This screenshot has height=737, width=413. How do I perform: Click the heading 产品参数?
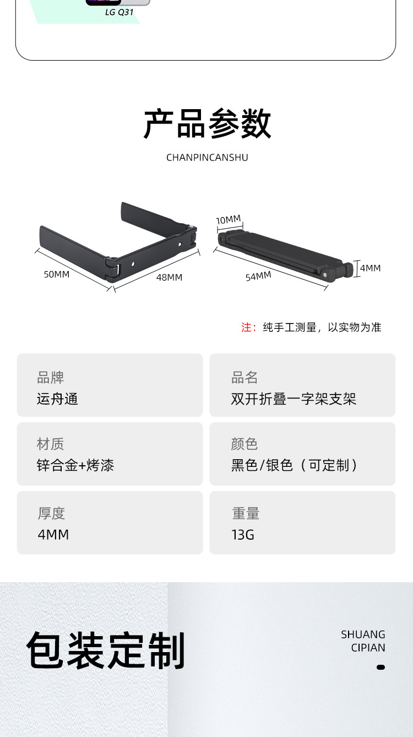tap(207, 124)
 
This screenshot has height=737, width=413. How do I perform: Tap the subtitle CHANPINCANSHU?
tap(207, 158)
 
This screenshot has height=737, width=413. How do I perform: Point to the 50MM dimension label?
tap(57, 274)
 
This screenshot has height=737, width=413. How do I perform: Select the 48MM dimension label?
tap(169, 277)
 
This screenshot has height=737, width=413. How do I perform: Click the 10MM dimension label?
tap(228, 220)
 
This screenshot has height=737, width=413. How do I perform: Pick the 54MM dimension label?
tap(258, 276)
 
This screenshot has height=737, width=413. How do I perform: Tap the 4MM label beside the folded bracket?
tap(370, 268)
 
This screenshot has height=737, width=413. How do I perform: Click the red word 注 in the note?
tap(246, 327)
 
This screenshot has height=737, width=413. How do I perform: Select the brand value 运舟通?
tap(57, 399)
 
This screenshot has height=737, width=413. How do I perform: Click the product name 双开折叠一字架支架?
tap(294, 399)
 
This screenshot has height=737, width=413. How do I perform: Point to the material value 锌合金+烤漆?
tap(75, 465)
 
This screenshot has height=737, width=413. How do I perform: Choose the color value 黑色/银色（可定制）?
tap(294, 465)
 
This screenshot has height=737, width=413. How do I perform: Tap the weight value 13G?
tap(243, 534)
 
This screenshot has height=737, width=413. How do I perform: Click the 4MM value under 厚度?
tap(53, 534)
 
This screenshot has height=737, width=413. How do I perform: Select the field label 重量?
tap(246, 513)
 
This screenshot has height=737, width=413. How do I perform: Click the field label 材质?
tap(51, 444)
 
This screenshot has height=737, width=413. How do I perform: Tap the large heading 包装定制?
tap(106, 651)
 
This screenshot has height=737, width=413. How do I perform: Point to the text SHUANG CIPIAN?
tap(363, 641)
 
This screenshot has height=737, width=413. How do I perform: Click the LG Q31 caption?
tap(119, 12)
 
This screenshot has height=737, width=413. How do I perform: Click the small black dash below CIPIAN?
tap(381, 667)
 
